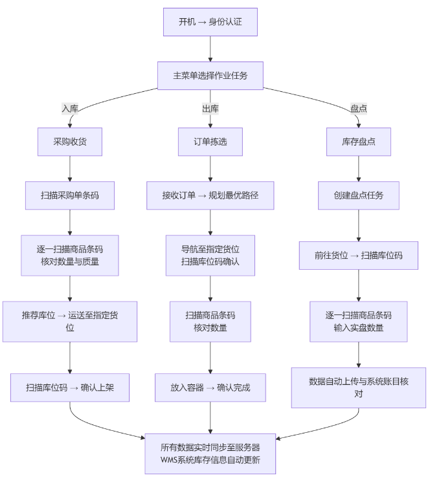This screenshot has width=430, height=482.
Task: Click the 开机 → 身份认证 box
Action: (210, 22)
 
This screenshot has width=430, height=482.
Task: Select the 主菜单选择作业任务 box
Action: (210, 75)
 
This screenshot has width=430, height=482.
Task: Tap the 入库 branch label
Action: (70, 109)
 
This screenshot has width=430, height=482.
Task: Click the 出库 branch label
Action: (210, 109)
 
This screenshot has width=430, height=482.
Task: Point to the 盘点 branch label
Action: (358, 109)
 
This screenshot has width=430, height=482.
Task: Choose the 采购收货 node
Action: (70, 141)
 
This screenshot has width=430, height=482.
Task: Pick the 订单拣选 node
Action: (210, 141)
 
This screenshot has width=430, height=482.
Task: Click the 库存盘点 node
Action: (358, 141)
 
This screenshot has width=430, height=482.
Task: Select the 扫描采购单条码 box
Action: (70, 195)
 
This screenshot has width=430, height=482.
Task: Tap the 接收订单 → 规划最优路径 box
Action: (210, 195)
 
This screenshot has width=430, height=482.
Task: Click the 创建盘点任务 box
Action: (358, 195)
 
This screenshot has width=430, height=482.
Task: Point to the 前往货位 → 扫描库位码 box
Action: (358, 255)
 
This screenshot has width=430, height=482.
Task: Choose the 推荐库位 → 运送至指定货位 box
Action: (70, 321)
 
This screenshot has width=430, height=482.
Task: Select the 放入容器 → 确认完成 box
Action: (210, 388)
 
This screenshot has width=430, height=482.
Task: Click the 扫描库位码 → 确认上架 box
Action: (70, 388)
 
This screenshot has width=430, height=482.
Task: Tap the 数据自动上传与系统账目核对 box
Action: (358, 387)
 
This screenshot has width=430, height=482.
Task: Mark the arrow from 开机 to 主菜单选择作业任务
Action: (210, 49)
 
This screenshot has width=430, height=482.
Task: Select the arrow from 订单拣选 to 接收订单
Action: (210, 168)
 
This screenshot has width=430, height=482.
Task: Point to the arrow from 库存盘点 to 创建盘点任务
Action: (358, 168)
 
